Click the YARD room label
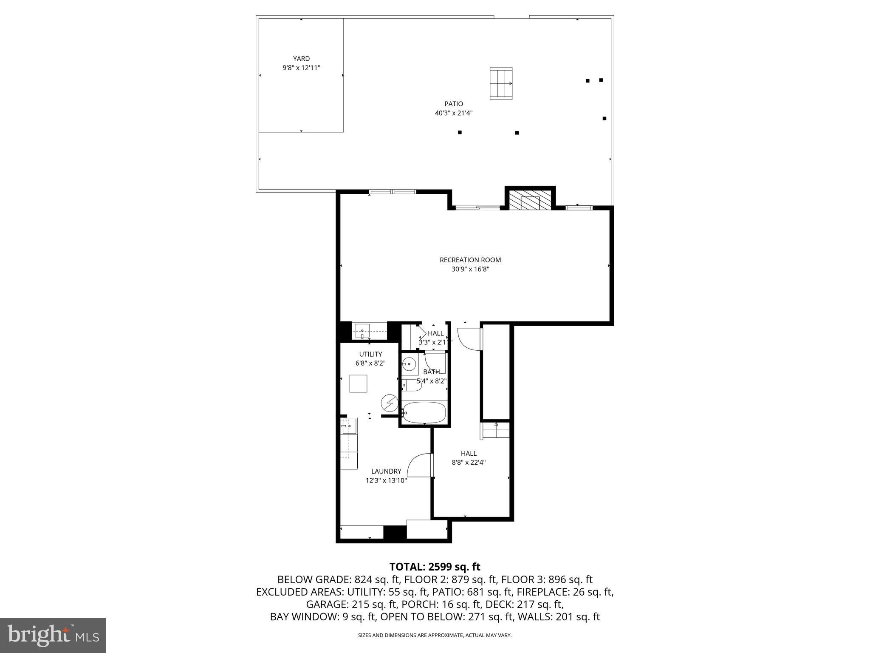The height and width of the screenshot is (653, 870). click(301, 59)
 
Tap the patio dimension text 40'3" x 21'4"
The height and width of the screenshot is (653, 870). click(454, 113)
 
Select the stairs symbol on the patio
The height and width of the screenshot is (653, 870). click(501, 83)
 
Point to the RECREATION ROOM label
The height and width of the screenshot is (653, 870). click(470, 260)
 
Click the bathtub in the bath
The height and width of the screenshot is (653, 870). click(424, 412)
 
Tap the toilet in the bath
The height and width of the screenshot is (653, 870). click(411, 386)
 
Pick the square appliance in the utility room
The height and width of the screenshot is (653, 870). click(358, 383)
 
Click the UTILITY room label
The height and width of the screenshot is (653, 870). click(370, 354)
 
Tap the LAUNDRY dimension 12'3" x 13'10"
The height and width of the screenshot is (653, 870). click(386, 480)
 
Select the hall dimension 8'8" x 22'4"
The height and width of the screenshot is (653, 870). click(469, 463)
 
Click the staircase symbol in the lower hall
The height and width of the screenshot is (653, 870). click(495, 431)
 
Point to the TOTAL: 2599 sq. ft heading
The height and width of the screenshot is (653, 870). click(435, 567)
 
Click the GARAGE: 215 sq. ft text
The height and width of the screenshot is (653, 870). click(351, 604)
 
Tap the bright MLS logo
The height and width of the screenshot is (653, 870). click(53, 635)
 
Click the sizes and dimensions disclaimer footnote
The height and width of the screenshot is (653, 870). click(435, 635)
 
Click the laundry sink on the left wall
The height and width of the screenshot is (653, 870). click(349, 426)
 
